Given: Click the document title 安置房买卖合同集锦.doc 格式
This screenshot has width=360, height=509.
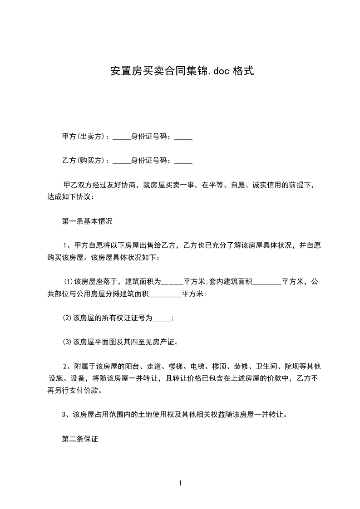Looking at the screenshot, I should [180, 71].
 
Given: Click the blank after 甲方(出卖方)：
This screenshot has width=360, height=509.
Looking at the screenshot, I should [121, 137].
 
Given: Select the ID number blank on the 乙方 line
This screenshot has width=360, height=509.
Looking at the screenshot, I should [183, 161].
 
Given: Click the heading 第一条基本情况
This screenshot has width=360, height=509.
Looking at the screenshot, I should [87, 222].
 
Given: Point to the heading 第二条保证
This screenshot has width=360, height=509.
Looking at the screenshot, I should [80, 439].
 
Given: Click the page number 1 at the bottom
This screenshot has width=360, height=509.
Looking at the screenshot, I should [180, 483].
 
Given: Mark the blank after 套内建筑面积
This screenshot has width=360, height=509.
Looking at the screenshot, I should [266, 283].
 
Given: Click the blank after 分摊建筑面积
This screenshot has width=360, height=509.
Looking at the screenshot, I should [165, 294].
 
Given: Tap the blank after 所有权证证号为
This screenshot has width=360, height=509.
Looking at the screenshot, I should [162, 319].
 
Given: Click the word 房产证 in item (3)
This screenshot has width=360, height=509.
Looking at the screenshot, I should [167, 342].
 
